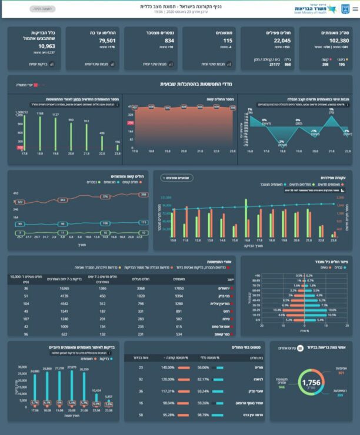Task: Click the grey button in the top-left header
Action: [40, 9]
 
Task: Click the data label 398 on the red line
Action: [143, 195]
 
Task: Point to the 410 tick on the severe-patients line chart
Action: [16, 193]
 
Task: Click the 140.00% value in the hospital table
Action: [178, 367]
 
